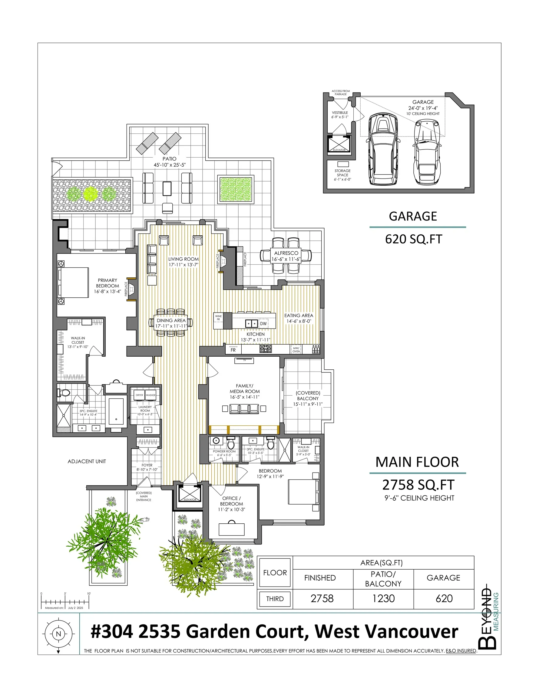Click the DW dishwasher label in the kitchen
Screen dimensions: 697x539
263,324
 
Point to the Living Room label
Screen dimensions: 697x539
184,262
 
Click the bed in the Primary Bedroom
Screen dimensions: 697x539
73,283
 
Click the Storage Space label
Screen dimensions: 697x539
342,175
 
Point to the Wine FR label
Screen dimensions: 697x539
218,318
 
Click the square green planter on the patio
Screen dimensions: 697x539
236,189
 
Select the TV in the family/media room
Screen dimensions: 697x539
244,360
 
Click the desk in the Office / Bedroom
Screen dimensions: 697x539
231,529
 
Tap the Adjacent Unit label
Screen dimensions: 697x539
87,461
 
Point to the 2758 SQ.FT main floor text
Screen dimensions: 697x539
418,485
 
